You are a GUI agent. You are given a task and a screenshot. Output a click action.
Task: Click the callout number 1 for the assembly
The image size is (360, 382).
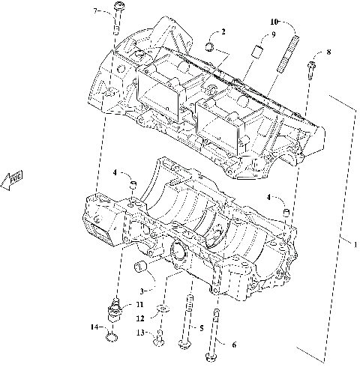[x=355, y=245]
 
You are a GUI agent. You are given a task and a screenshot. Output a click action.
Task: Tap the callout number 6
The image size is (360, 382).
[x=233, y=345]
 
